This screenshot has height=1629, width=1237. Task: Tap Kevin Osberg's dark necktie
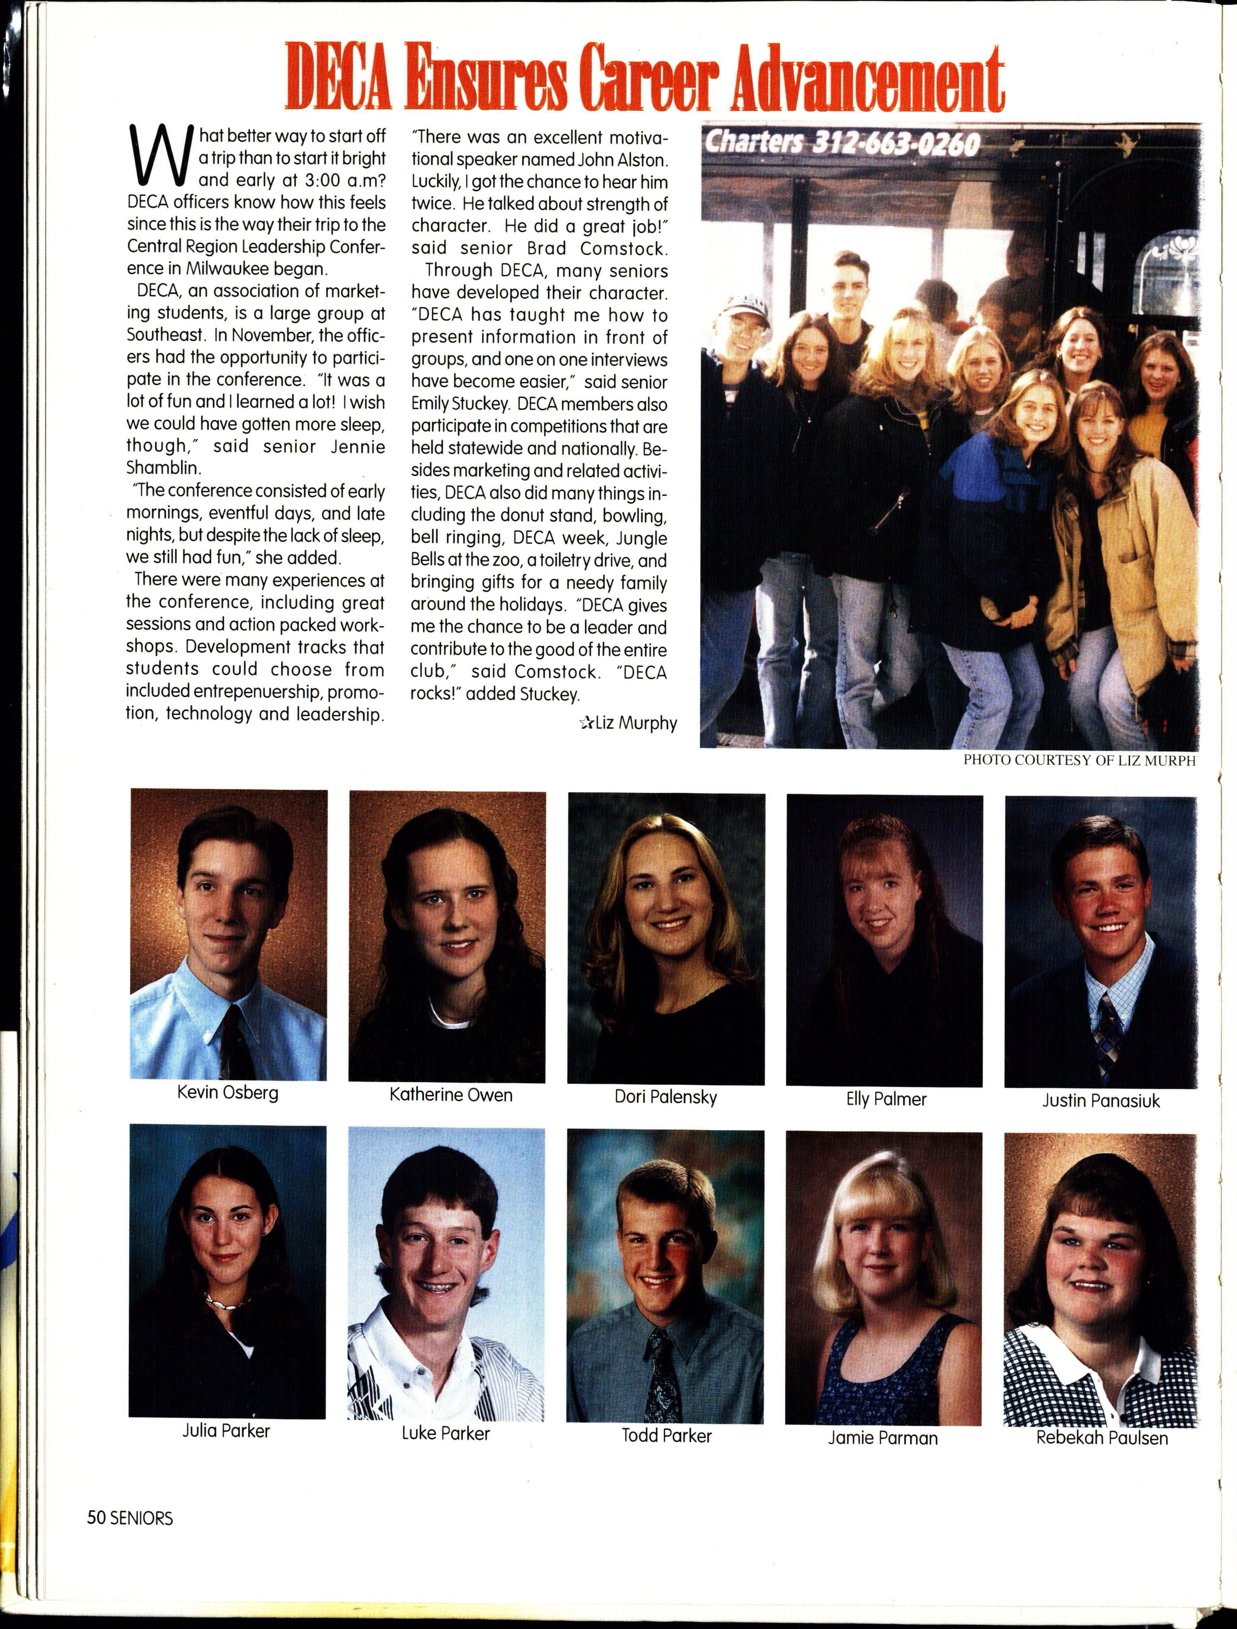pyautogui.click(x=237, y=1038)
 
